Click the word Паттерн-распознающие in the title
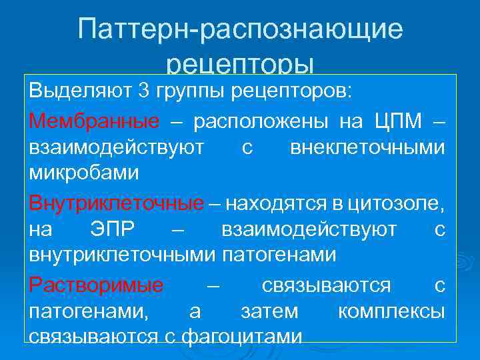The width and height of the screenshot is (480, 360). tap(240, 30)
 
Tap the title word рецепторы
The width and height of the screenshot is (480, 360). tap(240, 65)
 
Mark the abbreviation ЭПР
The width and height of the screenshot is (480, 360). tap(112, 230)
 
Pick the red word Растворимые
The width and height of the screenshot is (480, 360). tap(97, 286)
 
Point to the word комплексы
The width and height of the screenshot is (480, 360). tap(391, 311)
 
